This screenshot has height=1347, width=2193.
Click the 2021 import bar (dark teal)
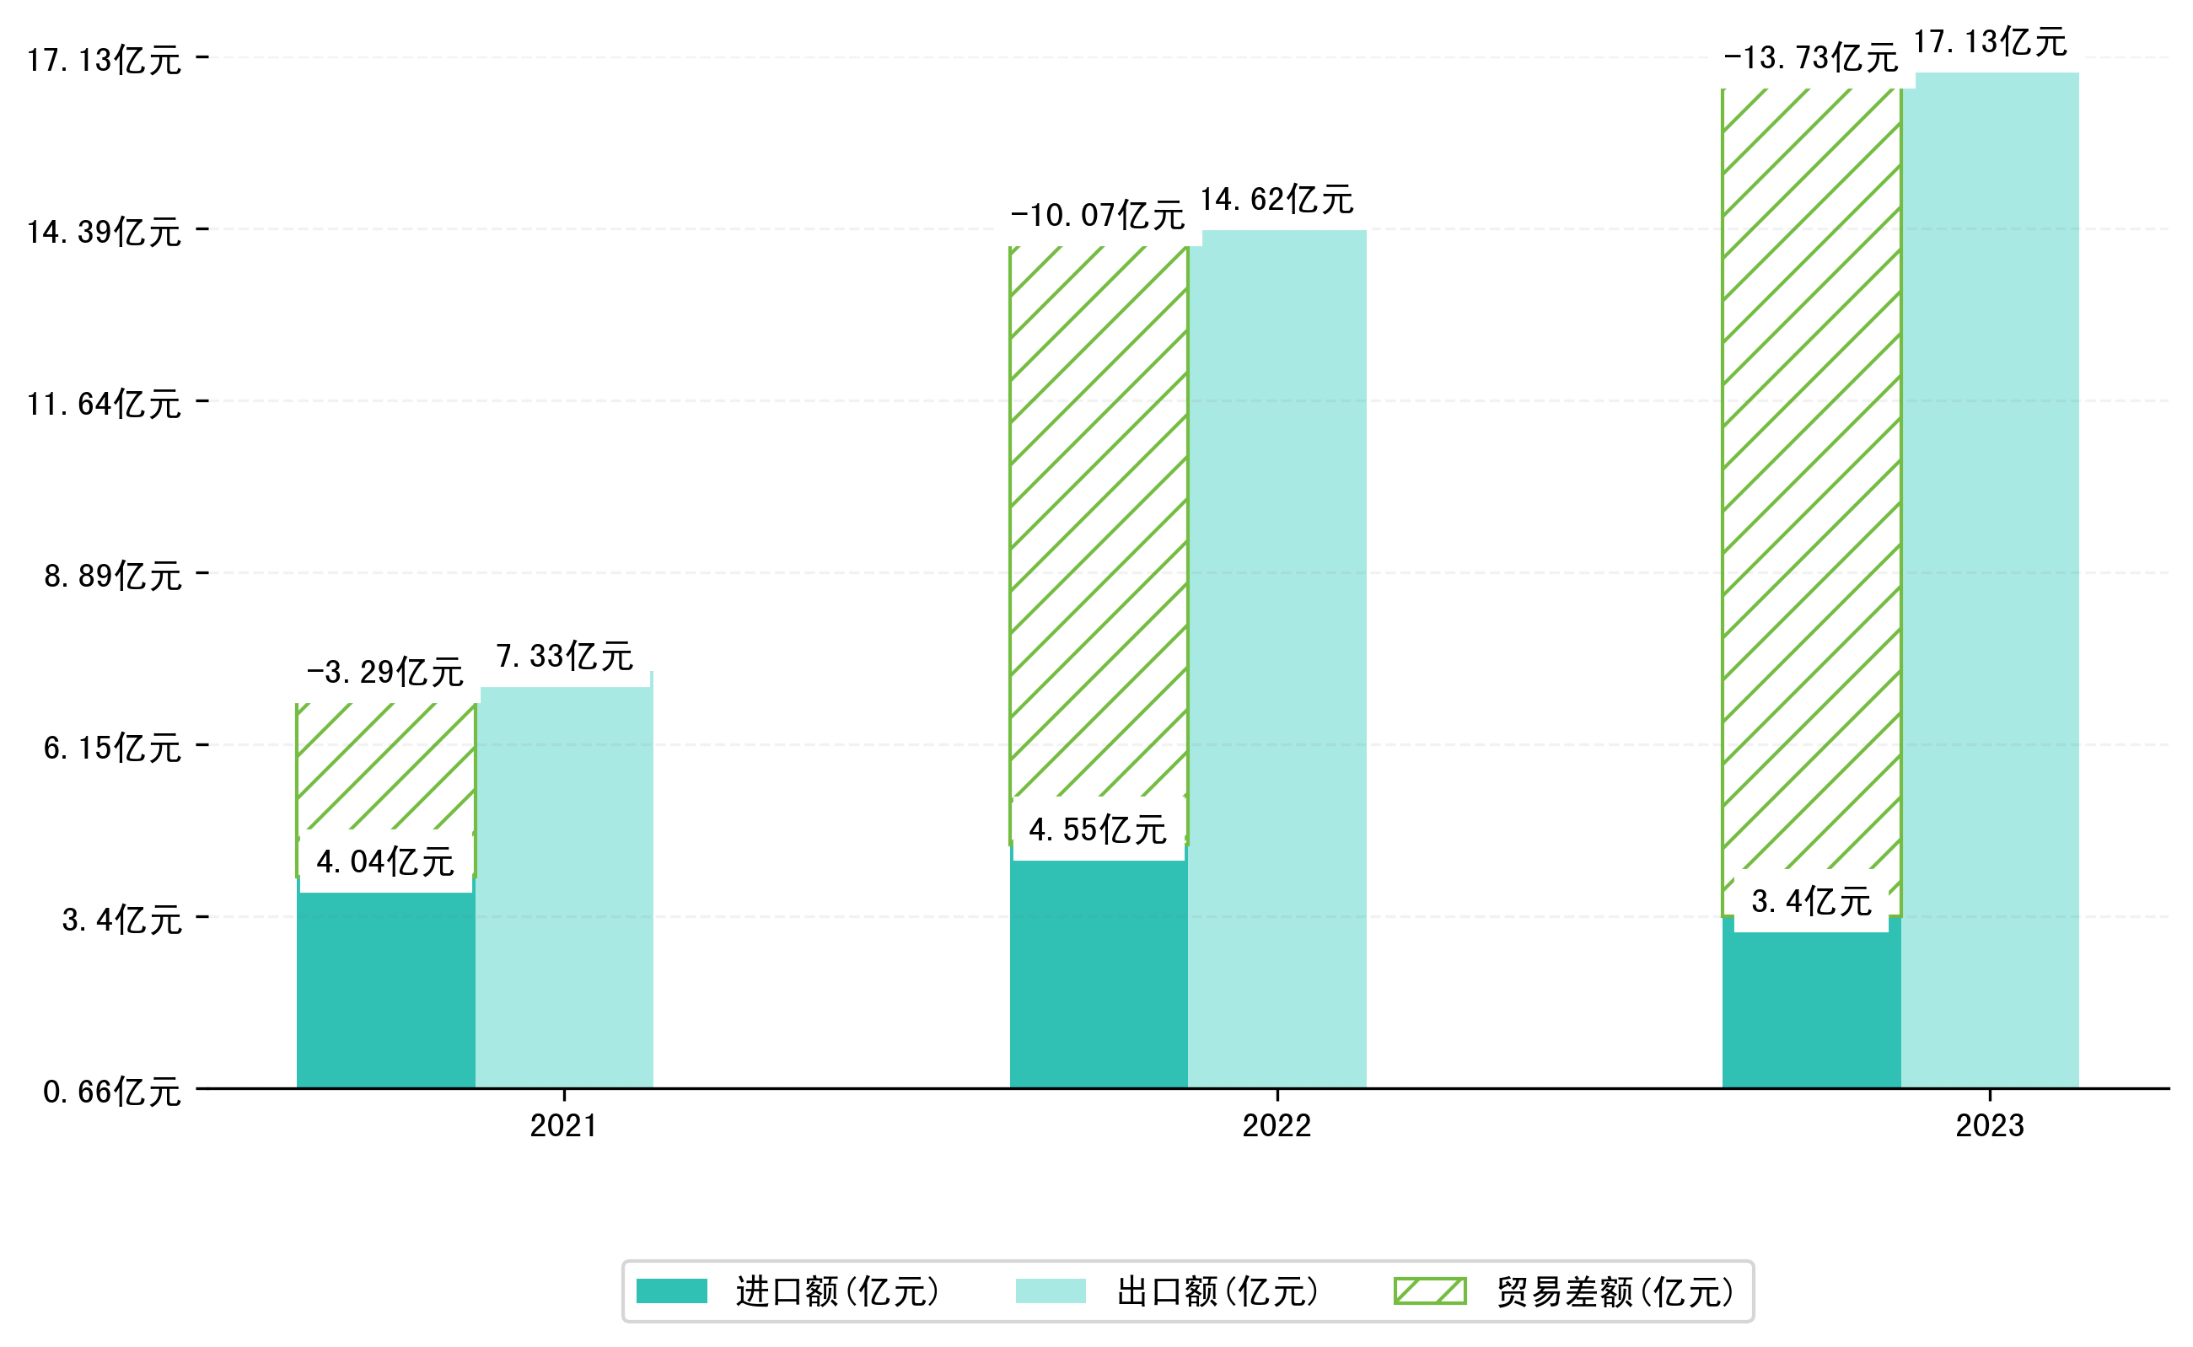385,989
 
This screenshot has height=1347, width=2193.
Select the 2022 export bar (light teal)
1277,659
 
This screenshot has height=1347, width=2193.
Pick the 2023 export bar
1990,579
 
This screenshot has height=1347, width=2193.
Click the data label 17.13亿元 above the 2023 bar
1990,42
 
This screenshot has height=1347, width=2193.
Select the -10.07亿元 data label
1097,215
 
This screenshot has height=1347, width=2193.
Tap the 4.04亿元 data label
385,861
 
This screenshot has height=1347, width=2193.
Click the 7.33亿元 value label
564,656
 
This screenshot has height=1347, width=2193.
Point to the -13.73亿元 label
1811,58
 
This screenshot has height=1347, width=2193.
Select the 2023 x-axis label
1990,1126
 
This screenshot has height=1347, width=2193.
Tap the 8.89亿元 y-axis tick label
113,576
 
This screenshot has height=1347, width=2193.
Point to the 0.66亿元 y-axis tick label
112,1092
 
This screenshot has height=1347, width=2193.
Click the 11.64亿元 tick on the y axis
105,404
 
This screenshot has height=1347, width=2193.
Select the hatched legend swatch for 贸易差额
1429,1291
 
